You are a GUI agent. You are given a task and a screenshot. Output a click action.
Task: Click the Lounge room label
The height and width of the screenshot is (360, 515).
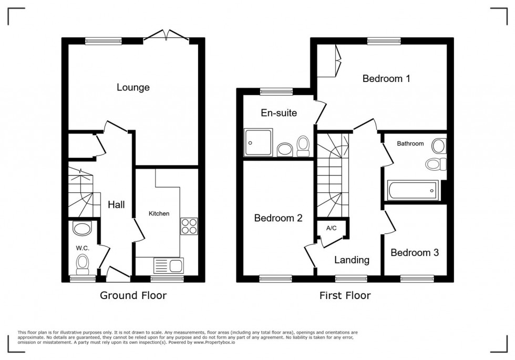pyautogui.click(x=133, y=87)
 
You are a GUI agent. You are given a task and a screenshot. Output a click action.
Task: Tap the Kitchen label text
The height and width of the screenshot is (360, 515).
pyautogui.click(x=159, y=213)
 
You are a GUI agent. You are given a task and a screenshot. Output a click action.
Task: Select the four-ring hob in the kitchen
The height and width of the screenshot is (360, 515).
pyautogui.click(x=189, y=227)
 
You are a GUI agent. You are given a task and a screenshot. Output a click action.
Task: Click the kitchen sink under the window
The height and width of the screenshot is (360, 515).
pyautogui.click(x=168, y=264)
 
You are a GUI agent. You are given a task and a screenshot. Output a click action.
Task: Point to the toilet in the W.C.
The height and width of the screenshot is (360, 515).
pyautogui.click(x=83, y=263)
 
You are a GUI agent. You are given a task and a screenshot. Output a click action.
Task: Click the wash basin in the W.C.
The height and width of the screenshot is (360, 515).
pyautogui.click(x=82, y=229)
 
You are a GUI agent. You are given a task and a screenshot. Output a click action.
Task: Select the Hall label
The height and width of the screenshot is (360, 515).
pyautogui.click(x=116, y=204)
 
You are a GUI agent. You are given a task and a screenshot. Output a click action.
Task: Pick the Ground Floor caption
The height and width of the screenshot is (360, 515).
pyautogui.click(x=133, y=296)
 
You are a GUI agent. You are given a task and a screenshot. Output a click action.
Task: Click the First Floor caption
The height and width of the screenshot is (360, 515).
pyautogui.click(x=345, y=296)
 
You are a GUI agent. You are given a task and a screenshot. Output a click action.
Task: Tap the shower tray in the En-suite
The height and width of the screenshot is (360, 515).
pyautogui.click(x=259, y=142)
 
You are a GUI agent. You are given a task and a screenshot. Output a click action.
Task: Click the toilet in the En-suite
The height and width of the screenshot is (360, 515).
pyautogui.click(x=303, y=146)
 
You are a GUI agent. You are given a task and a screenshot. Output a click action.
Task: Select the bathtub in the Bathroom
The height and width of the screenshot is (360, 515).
pyautogui.click(x=413, y=189)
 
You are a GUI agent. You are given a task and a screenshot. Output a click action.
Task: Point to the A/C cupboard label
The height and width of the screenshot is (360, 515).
pyautogui.click(x=331, y=228)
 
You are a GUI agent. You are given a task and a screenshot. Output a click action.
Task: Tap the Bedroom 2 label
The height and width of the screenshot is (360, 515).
pyautogui.click(x=278, y=218)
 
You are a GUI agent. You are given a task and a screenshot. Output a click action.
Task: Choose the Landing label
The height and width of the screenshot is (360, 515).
pyautogui.click(x=352, y=260)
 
